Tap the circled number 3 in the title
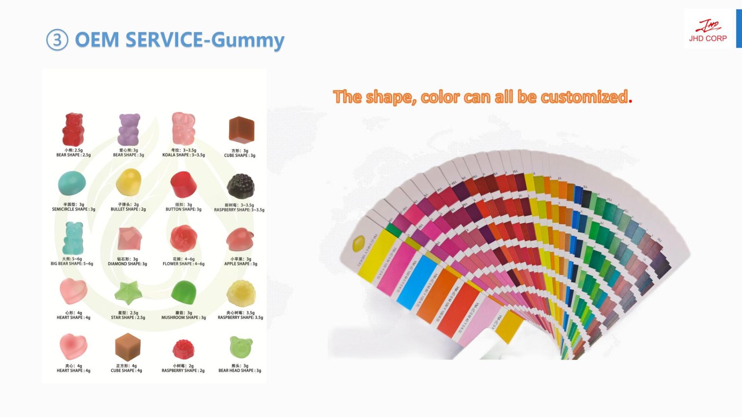pyautogui.click(x=57, y=40)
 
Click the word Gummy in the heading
pyautogui.click(x=247, y=40)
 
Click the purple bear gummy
pyautogui.click(x=129, y=129)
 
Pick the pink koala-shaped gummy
pyautogui.click(x=183, y=128)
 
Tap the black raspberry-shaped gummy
pyautogui.click(x=241, y=186)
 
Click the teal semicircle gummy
pyautogui.click(x=72, y=183)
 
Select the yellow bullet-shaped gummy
pyautogui.click(x=128, y=183)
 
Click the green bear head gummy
pyautogui.click(x=241, y=347)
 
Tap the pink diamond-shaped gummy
pyautogui.click(x=129, y=239)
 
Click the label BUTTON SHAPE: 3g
pyautogui.click(x=183, y=209)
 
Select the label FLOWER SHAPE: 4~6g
pyautogui.click(x=183, y=264)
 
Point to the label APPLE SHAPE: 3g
pyautogui.click(x=241, y=264)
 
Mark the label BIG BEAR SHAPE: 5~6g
pyautogui.click(x=72, y=264)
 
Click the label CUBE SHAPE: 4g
pyautogui.click(x=126, y=371)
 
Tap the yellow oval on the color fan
pyautogui.click(x=358, y=244)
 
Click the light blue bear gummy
pyautogui.click(x=73, y=238)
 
